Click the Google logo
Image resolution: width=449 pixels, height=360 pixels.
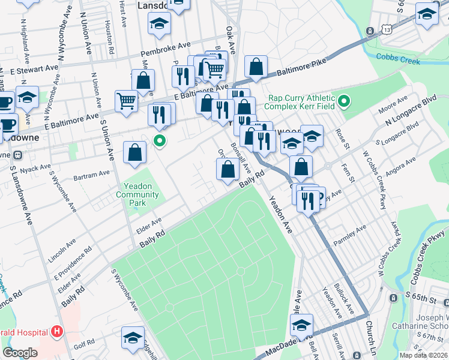[x=20, y=353]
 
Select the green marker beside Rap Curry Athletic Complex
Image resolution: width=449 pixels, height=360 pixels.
[x=343, y=102]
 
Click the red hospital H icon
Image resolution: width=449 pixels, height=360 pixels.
[x=57, y=331]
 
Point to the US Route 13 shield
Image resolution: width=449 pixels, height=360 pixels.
[x=372, y=30]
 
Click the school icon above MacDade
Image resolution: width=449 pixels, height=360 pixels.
[x=301, y=325]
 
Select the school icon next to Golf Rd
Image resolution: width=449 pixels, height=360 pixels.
[x=133, y=337]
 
